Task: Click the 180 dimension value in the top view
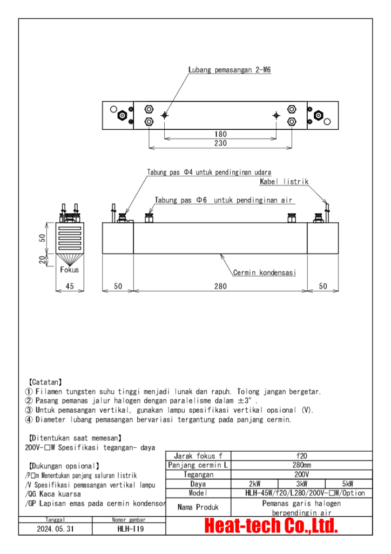point(220,134)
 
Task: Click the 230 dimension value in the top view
point(220,143)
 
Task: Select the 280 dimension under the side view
point(220,286)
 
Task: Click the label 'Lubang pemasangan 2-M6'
point(230,70)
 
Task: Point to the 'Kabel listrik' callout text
point(284,182)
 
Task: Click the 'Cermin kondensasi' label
point(264,273)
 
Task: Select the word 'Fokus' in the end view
point(70,269)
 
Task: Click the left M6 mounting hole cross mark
point(165,115)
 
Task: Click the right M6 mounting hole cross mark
point(277,115)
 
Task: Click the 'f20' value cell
point(302,456)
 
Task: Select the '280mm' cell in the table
point(302,465)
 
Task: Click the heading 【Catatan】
point(45,381)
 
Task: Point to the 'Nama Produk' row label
point(198,507)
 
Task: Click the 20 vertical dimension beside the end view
point(42,260)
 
